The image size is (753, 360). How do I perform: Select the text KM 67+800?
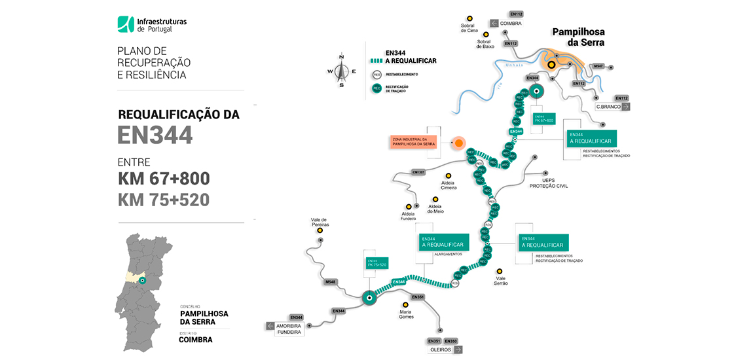pyautogui.click(x=164, y=179)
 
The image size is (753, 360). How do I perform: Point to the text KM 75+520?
pyautogui.click(x=164, y=200)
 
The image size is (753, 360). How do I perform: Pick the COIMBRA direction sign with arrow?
pyautogui.click(x=505, y=24)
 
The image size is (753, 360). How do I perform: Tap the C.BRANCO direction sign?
pyautogui.click(x=612, y=106)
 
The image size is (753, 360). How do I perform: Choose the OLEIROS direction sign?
pyautogui.click(x=445, y=350)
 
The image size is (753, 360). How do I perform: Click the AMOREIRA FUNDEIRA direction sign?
pyautogui.click(x=285, y=329)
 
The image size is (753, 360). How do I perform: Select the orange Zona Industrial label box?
pyautogui.click(x=411, y=143)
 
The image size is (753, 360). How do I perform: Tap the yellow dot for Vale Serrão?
pyautogui.click(x=500, y=271)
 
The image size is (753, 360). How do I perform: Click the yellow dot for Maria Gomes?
pyautogui.click(x=405, y=304)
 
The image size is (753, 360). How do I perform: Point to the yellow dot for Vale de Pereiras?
pyautogui.click(x=320, y=230)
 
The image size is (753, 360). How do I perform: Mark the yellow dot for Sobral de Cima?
pyautogui.click(x=469, y=18)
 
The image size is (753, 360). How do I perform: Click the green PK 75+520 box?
pyautogui.click(x=377, y=263)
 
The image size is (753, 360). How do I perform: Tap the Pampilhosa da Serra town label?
pyautogui.click(x=578, y=37)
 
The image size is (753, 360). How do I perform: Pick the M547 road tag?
pyautogui.click(x=598, y=67)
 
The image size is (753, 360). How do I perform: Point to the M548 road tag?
pyautogui.click(x=331, y=282)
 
